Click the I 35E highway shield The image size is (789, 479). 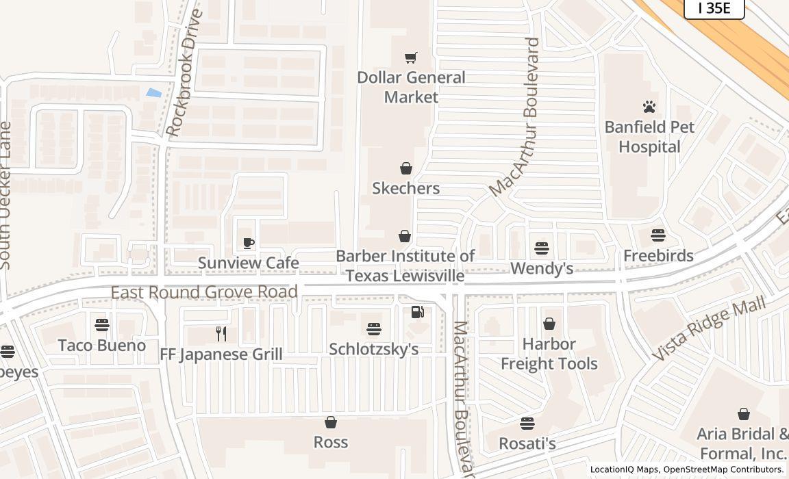pyautogui.click(x=714, y=8)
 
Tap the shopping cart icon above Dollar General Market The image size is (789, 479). pyautogui.click(x=410, y=58)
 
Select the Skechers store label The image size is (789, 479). pyautogui.click(x=405, y=188)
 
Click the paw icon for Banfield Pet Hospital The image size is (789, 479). pyautogui.click(x=649, y=107)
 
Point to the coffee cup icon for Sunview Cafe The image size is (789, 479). pyautogui.click(x=249, y=243)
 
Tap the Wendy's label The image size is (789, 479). pyautogui.click(x=542, y=268)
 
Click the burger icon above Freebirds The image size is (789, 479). pyautogui.click(x=657, y=235)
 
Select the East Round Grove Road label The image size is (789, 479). pyautogui.click(x=204, y=292)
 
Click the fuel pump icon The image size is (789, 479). pyautogui.click(x=417, y=312)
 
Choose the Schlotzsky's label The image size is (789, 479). pyautogui.click(x=373, y=349)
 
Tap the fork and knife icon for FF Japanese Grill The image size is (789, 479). pyautogui.click(x=221, y=334)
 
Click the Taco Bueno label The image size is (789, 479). pyautogui.click(x=102, y=345)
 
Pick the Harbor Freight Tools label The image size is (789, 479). pyautogui.click(x=549, y=354)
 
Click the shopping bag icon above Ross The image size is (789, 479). pyautogui.click(x=331, y=422)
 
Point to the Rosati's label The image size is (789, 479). pyautogui.click(x=527, y=443)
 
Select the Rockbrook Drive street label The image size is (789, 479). pyautogui.click(x=184, y=72)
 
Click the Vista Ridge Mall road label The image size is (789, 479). pyautogui.click(x=708, y=328)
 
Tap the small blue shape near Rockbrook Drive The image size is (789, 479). pyautogui.click(x=154, y=92)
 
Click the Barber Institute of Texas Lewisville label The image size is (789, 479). pyautogui.click(x=405, y=266)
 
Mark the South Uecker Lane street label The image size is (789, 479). pyautogui.click(x=5, y=195)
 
